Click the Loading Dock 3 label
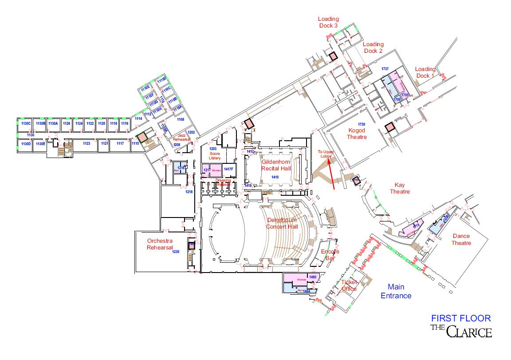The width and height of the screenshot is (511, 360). (328, 22)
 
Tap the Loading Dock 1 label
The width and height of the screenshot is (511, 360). (425, 72)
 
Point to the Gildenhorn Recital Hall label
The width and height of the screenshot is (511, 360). (276, 165)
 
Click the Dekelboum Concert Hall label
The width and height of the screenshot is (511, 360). (282, 223)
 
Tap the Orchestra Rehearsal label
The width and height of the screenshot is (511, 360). (160, 244)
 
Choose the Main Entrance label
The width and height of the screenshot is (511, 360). (397, 291)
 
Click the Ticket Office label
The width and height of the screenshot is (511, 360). (349, 285)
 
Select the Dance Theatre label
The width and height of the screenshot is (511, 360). (461, 240)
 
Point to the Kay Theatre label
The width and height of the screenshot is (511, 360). (399, 188)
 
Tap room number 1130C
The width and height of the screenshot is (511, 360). (25, 123)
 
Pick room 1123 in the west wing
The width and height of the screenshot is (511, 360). (86, 143)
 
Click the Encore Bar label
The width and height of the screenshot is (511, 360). (330, 255)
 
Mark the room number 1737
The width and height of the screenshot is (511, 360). (385, 69)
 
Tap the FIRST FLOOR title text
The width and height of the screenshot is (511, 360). (461, 318)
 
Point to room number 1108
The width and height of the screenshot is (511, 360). (181, 119)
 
